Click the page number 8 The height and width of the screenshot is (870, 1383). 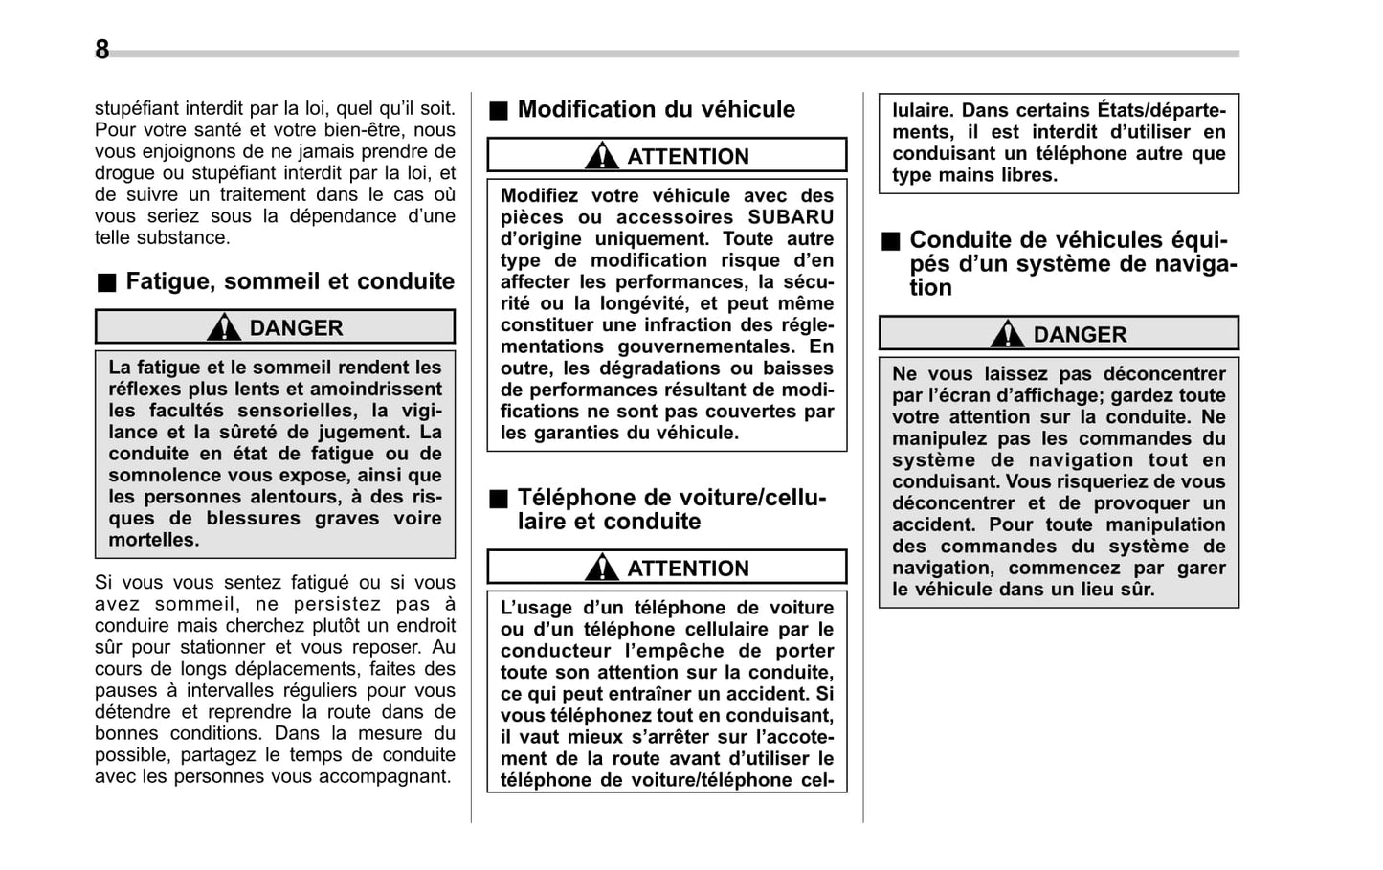[x=101, y=50]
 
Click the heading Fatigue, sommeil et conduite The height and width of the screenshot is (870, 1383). [x=289, y=281]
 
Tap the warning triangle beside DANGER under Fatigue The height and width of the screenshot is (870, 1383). [x=224, y=327]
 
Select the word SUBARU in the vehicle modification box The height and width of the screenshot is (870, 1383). [x=791, y=217]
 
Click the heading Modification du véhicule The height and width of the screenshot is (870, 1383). [x=656, y=109]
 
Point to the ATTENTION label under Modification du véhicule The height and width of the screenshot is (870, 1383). [x=687, y=156]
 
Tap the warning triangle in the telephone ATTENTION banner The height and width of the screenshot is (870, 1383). [x=602, y=568]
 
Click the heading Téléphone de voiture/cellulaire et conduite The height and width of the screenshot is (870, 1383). [x=670, y=509]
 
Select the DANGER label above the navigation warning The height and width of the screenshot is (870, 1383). [x=1079, y=334]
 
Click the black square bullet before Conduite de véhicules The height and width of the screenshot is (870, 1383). [x=890, y=241]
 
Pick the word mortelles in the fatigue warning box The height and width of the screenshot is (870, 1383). [x=153, y=540]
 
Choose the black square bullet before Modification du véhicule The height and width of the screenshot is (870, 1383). [x=498, y=111]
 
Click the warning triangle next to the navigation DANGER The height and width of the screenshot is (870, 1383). [x=1007, y=334]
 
